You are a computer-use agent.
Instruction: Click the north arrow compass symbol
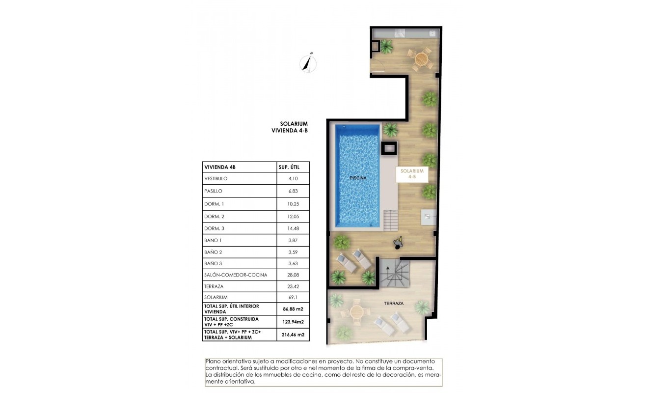(308, 63)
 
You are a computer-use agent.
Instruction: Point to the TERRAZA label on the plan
(393, 304)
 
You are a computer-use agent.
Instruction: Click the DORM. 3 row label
(214, 228)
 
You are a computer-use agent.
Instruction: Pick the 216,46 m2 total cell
(294, 335)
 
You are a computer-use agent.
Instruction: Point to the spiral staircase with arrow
(393, 274)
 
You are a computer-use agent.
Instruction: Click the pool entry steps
(391, 219)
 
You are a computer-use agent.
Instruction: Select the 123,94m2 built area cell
(294, 322)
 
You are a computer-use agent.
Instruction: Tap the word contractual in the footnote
(220, 367)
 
